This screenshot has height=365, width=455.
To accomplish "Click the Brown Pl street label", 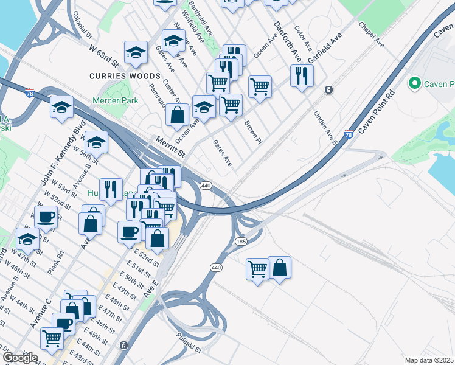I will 252,132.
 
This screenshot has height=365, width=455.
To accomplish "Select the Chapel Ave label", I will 371,35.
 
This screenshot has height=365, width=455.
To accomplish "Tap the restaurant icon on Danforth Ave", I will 302,75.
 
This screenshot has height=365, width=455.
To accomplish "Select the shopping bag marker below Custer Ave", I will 177,114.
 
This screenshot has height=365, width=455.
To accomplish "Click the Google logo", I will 20,358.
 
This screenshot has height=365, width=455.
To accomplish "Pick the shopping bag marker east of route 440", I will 279,267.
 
